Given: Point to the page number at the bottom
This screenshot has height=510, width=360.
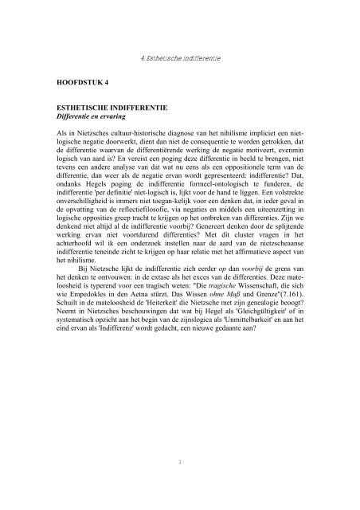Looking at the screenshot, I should tap(180, 460).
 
